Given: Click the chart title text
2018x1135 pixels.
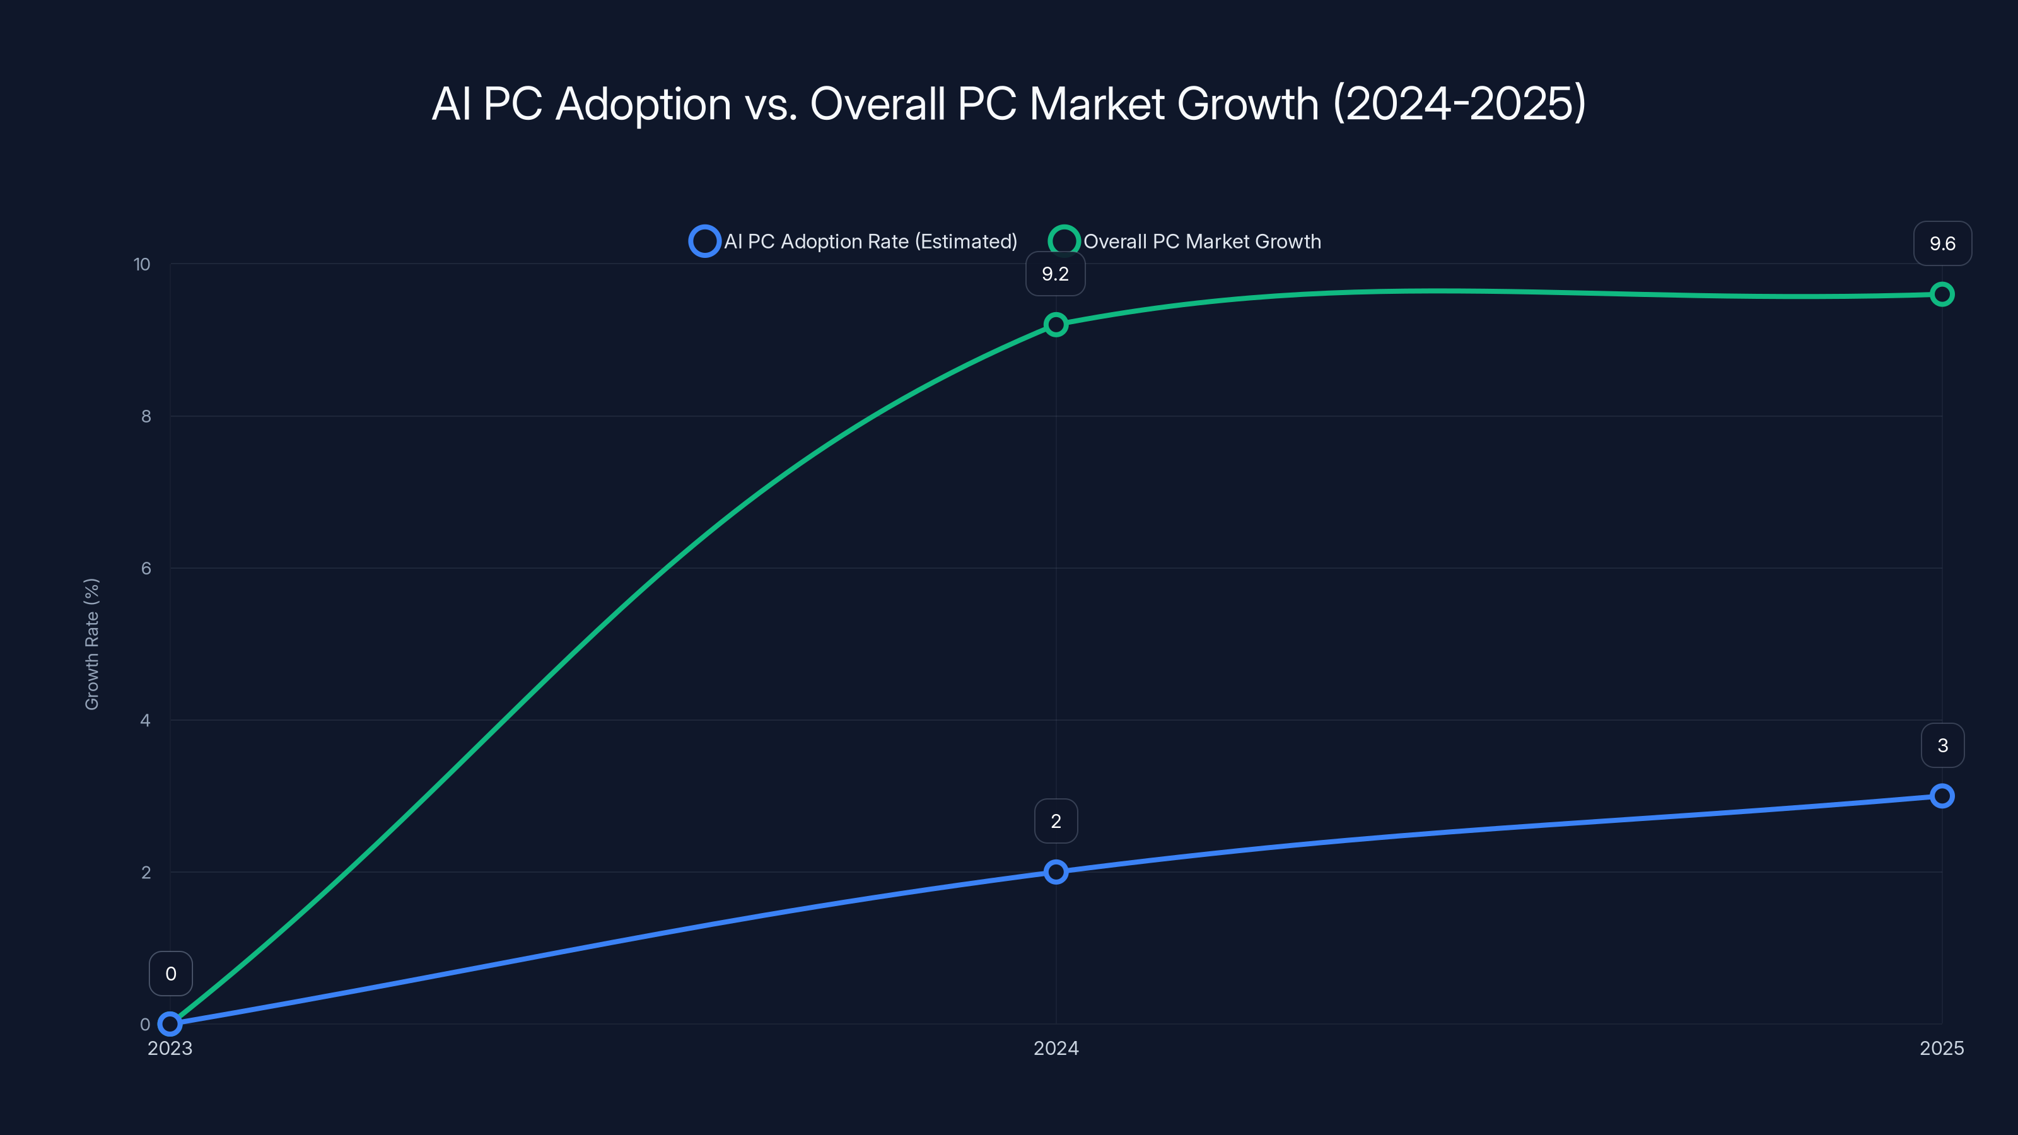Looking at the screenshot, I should pos(1009,103).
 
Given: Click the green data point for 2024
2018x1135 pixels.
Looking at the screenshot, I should pos(1055,324).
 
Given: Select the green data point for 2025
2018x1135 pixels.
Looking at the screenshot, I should pos(1941,294).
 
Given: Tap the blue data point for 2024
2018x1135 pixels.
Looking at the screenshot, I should pos(1055,872).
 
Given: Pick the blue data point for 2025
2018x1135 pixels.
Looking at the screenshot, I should pos(1941,796).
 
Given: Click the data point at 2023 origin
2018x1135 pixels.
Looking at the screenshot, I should pos(170,1023).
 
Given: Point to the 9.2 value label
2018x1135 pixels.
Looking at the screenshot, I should pos(1055,274).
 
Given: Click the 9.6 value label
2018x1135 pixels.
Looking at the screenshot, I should pos(1942,243).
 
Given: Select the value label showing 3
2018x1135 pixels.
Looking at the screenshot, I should pos(1942,746).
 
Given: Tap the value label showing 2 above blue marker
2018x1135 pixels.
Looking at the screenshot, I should pos(1055,822).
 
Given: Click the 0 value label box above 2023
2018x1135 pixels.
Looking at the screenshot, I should pos(171,974).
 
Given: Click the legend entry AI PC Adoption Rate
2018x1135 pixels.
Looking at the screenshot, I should pos(853,242).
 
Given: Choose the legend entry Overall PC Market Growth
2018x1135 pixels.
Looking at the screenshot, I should pos(1186,242).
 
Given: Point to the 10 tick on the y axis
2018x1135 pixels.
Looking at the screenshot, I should pos(142,265).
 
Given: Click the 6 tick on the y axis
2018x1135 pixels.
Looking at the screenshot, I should pos(146,569).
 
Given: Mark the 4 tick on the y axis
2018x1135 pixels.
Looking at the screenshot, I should pos(145,721).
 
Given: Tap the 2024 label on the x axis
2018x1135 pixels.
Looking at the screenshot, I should pos(1055,1048).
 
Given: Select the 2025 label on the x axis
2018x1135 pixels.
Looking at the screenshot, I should pos(1941,1048).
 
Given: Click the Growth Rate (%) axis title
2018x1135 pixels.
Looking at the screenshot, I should pos(91,644).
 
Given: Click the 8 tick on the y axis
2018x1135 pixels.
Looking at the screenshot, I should pos(146,417).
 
